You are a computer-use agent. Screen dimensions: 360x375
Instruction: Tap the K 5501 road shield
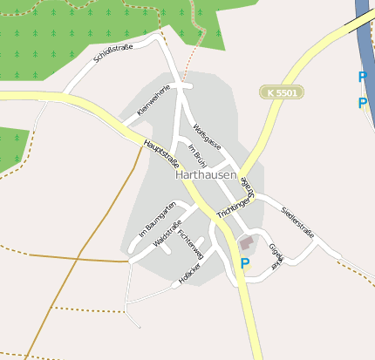point(281,92)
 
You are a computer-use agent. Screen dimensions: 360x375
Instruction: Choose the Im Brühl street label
point(196,153)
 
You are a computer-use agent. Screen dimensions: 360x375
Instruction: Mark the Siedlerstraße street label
point(297,221)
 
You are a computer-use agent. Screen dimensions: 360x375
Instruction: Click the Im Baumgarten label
point(158,220)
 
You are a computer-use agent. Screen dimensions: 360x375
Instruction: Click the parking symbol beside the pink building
point(245,262)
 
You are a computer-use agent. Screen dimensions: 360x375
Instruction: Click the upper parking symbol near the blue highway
point(362,77)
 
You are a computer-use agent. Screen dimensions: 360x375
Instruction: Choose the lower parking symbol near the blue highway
point(362,104)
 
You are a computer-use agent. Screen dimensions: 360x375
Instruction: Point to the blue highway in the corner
point(365,26)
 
